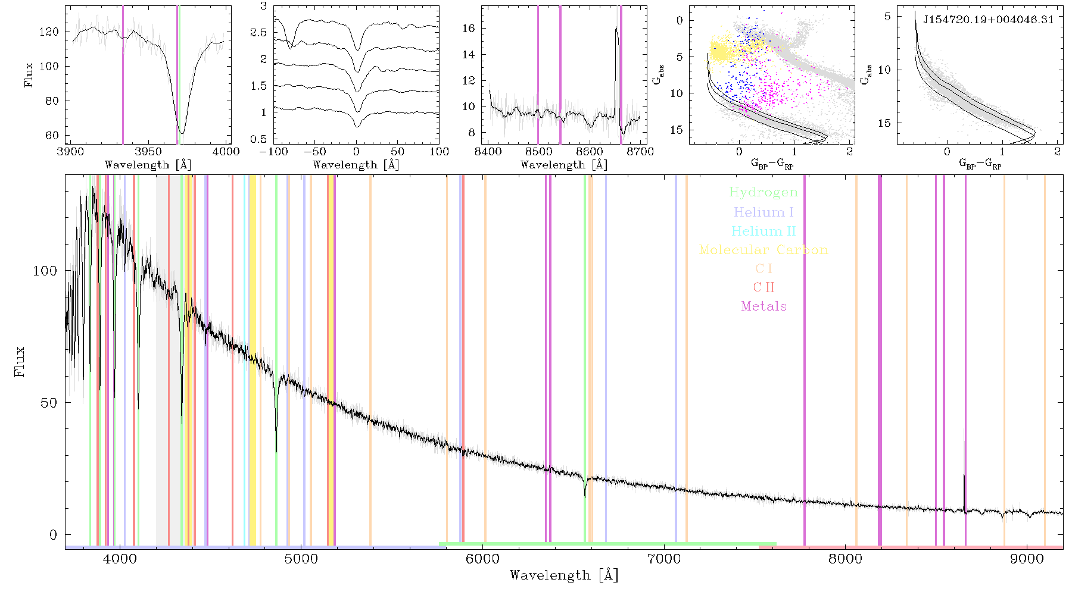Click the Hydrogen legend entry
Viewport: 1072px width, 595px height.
pyautogui.click(x=763, y=193)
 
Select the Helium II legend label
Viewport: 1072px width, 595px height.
pyautogui.click(x=763, y=231)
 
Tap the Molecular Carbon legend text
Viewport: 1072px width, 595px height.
pyautogui.click(x=763, y=250)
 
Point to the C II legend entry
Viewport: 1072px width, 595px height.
pyautogui.click(x=764, y=287)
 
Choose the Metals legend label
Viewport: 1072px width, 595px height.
pyautogui.click(x=764, y=306)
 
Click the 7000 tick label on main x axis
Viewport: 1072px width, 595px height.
pyautogui.click(x=663, y=559)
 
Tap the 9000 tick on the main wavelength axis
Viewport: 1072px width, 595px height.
pyautogui.click(x=1027, y=559)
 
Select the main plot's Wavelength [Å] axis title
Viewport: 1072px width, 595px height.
pyautogui.click(x=563, y=575)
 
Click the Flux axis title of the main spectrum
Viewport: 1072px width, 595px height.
pyautogui.click(x=20, y=361)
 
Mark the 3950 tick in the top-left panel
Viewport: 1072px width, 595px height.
pyautogui.click(x=148, y=152)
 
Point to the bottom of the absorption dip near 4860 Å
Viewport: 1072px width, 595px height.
pyautogui.click(x=276, y=452)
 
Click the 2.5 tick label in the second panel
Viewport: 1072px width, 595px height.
pyautogui.click(x=258, y=33)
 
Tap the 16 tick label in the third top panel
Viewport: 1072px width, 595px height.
pyautogui.click(x=469, y=29)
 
